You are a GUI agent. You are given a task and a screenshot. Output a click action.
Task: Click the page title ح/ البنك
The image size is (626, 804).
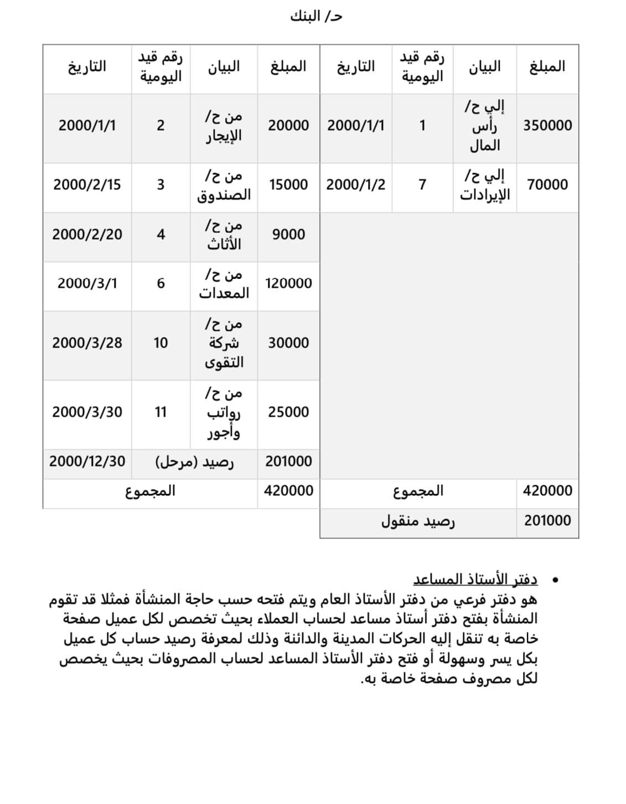tap(316, 17)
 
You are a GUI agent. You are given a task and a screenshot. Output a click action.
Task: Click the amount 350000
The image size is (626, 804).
tap(547, 125)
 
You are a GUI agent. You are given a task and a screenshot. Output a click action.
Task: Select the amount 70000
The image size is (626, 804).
tap(547, 184)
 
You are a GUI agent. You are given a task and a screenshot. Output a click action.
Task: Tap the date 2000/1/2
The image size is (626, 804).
tap(355, 184)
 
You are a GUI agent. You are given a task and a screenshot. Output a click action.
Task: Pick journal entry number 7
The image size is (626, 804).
tap(422, 184)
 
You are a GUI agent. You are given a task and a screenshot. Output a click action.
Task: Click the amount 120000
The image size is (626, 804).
tap(288, 283)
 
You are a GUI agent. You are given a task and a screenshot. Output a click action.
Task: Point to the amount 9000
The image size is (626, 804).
tap(288, 234)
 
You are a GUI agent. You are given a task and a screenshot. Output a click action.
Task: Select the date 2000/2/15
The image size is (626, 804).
tap(87, 184)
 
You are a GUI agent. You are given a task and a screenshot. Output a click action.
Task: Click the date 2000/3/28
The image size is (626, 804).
tap(87, 343)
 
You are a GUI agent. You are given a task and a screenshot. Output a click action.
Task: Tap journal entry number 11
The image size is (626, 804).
tap(161, 412)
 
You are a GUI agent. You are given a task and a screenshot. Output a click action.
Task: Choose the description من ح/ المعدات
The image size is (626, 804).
tap(224, 283)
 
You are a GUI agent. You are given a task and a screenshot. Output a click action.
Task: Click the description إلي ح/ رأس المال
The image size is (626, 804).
tap(485, 125)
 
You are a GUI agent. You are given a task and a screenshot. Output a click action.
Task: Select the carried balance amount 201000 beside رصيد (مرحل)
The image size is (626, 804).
tap(288, 461)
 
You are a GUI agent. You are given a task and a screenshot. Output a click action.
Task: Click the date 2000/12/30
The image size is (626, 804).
tap(87, 461)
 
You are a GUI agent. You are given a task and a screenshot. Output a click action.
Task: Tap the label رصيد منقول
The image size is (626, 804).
tap(418, 521)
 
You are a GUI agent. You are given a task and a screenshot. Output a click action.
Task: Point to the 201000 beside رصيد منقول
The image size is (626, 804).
tap(547, 520)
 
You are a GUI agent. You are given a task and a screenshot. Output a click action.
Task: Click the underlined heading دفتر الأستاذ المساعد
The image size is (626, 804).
tap(475, 579)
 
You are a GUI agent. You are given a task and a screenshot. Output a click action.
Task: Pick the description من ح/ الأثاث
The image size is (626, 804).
tap(224, 234)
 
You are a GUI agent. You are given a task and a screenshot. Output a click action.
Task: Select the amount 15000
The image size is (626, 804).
tap(288, 184)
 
